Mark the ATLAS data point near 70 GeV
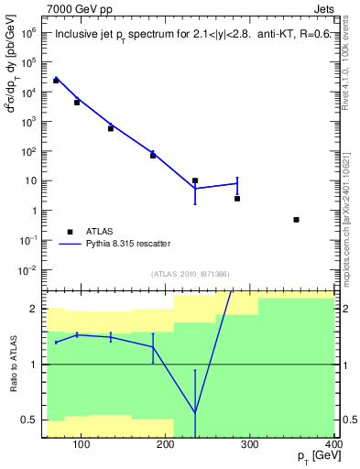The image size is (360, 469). pos(56,81)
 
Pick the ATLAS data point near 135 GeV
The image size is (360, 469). pos(111,128)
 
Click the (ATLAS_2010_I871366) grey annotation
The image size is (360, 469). pos(190,274)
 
